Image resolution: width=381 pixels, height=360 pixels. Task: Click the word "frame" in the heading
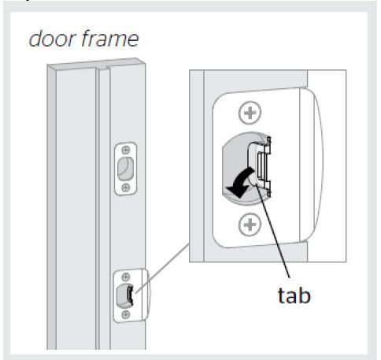109,39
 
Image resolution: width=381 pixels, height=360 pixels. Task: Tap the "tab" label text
294,295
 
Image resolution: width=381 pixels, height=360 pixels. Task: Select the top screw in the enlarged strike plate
250,113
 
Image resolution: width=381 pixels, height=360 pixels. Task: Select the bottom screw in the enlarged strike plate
250,225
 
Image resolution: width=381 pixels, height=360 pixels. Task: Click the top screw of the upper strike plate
126,150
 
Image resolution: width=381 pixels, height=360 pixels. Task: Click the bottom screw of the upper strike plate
126,187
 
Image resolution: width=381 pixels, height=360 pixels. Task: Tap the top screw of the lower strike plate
126,276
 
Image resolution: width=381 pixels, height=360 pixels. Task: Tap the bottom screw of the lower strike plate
126,314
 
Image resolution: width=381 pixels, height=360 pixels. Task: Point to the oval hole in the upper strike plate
125,169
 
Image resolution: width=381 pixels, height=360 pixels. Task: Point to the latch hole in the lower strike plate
124,296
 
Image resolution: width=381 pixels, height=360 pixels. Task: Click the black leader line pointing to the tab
273,231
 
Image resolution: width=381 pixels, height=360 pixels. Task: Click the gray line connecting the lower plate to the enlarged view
162,268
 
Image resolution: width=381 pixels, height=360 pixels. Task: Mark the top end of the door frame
96,64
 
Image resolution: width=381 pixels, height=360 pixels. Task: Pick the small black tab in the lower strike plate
130,295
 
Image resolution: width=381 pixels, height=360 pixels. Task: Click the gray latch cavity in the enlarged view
236,168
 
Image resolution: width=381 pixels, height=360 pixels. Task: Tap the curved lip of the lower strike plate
146,295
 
